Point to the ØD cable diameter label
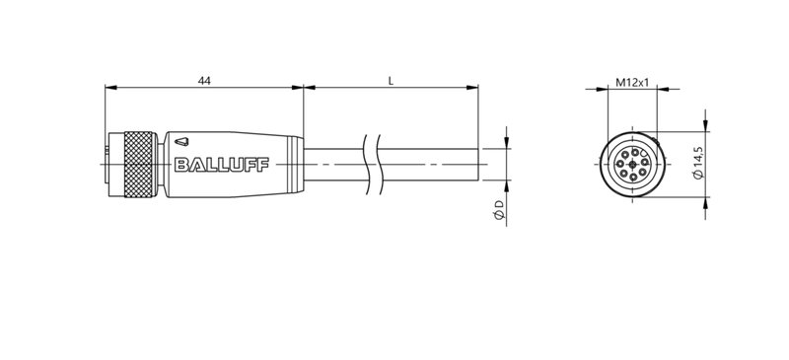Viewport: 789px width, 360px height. (x=499, y=209)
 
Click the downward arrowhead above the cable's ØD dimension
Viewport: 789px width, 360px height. (x=507, y=144)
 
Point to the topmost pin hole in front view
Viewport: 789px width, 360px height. (x=631, y=150)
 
